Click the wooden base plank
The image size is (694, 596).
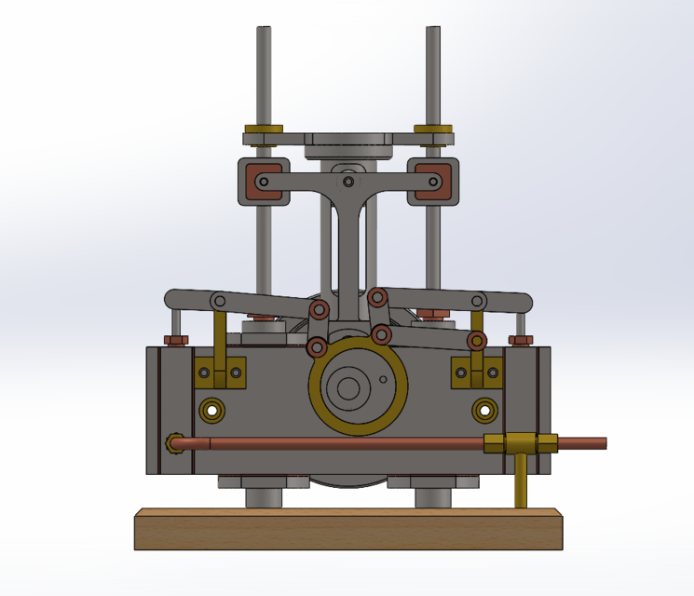349,531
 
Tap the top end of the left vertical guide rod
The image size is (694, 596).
265,32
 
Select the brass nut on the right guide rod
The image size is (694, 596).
433,129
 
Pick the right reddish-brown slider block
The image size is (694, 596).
433,181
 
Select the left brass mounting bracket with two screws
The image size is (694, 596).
220,373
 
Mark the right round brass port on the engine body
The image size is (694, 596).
483,409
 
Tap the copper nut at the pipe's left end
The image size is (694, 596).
172,444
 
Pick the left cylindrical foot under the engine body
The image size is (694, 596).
265,494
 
